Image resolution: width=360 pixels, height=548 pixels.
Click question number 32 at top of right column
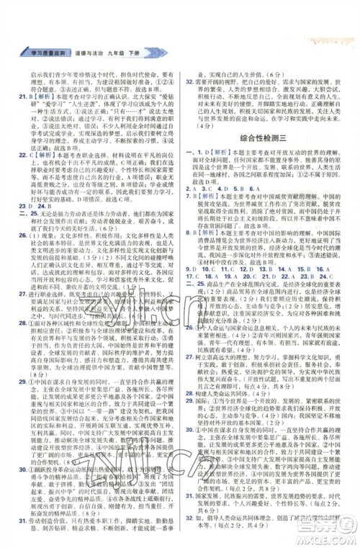coord(190,81)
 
